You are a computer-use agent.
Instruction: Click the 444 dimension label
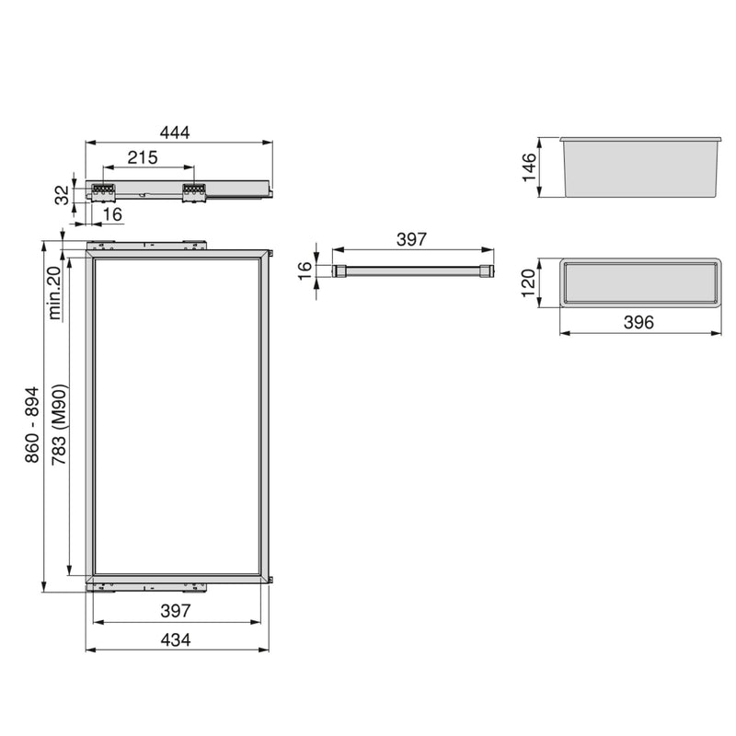(x=174, y=132)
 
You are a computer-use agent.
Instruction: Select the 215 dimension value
(x=143, y=157)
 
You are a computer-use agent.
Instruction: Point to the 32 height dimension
(x=62, y=194)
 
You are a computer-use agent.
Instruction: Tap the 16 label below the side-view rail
(x=113, y=214)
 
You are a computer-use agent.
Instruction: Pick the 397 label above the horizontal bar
(x=411, y=239)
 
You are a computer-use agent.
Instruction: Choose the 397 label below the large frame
(x=175, y=610)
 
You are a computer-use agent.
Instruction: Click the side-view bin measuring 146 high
(x=638, y=167)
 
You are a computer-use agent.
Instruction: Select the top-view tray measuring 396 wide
(x=638, y=282)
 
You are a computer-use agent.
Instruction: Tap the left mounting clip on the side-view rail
(x=102, y=190)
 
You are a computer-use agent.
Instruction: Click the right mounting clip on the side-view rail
(x=193, y=190)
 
